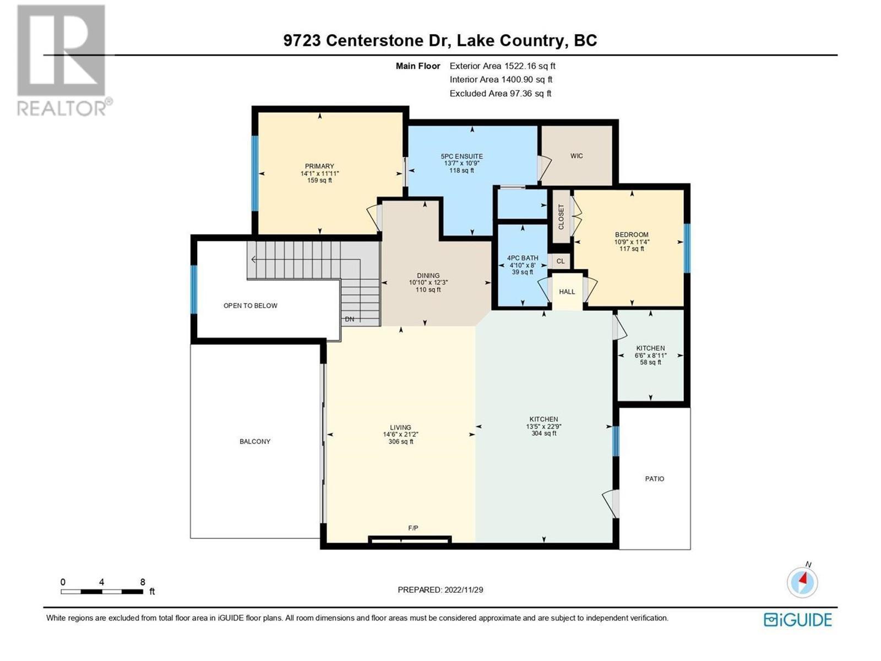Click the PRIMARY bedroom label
coord(319,166)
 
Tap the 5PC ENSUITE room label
coord(461,156)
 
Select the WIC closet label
coord(577,156)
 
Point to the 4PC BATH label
coord(523,258)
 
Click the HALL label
coord(567,292)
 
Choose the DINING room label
coord(428,275)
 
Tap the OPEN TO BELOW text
coord(251,306)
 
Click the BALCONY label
coord(255,441)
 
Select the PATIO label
coord(654,479)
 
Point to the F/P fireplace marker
coord(413,528)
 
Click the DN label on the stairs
coord(350,319)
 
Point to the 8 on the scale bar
coord(143,582)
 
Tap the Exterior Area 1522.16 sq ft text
coord(502,66)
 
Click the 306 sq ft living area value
coord(400,441)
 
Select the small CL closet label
coord(561,261)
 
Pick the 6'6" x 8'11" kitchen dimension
coord(650,355)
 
